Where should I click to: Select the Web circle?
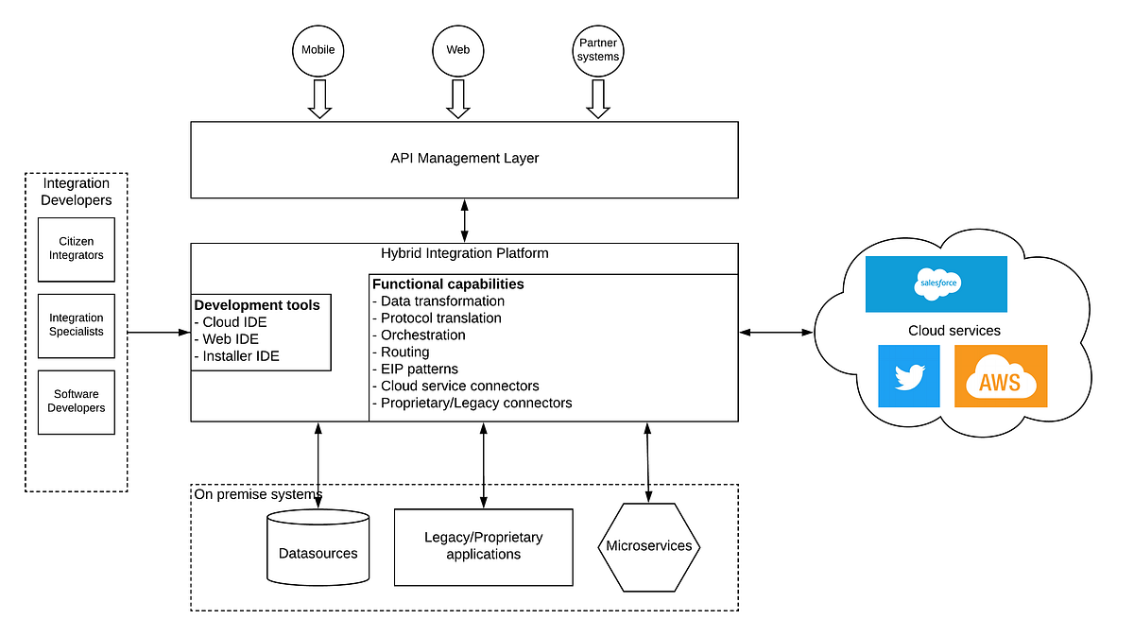458,49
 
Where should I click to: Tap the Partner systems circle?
598,49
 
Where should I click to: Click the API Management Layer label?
464,158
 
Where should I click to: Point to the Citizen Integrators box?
77,249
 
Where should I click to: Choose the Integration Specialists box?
77,325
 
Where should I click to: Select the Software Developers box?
77,402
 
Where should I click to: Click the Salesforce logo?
936,284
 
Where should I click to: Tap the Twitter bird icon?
908,376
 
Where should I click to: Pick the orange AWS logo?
1000,376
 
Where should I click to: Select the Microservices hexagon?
648,546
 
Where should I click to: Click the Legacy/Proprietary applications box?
483,546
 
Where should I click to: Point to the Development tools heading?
257,305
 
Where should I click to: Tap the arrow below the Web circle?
458,98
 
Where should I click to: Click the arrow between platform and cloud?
775,332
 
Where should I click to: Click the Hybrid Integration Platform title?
464,253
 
